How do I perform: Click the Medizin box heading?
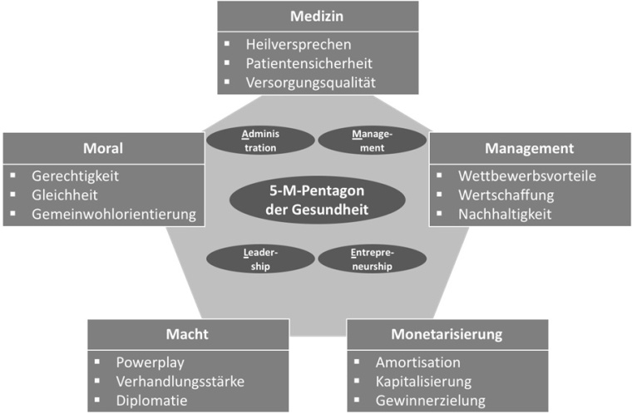pos(317,17)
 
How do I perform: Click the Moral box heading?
pos(103,149)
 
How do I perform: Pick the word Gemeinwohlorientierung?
pos(114,214)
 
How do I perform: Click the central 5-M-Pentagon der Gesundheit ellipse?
pos(317,201)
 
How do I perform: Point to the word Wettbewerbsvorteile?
pos(527,176)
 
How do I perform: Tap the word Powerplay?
pos(151,362)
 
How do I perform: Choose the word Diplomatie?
pos(152,400)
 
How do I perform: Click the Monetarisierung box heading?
pos(447,335)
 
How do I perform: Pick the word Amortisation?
pos(417,362)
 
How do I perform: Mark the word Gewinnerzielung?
pos(430,400)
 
